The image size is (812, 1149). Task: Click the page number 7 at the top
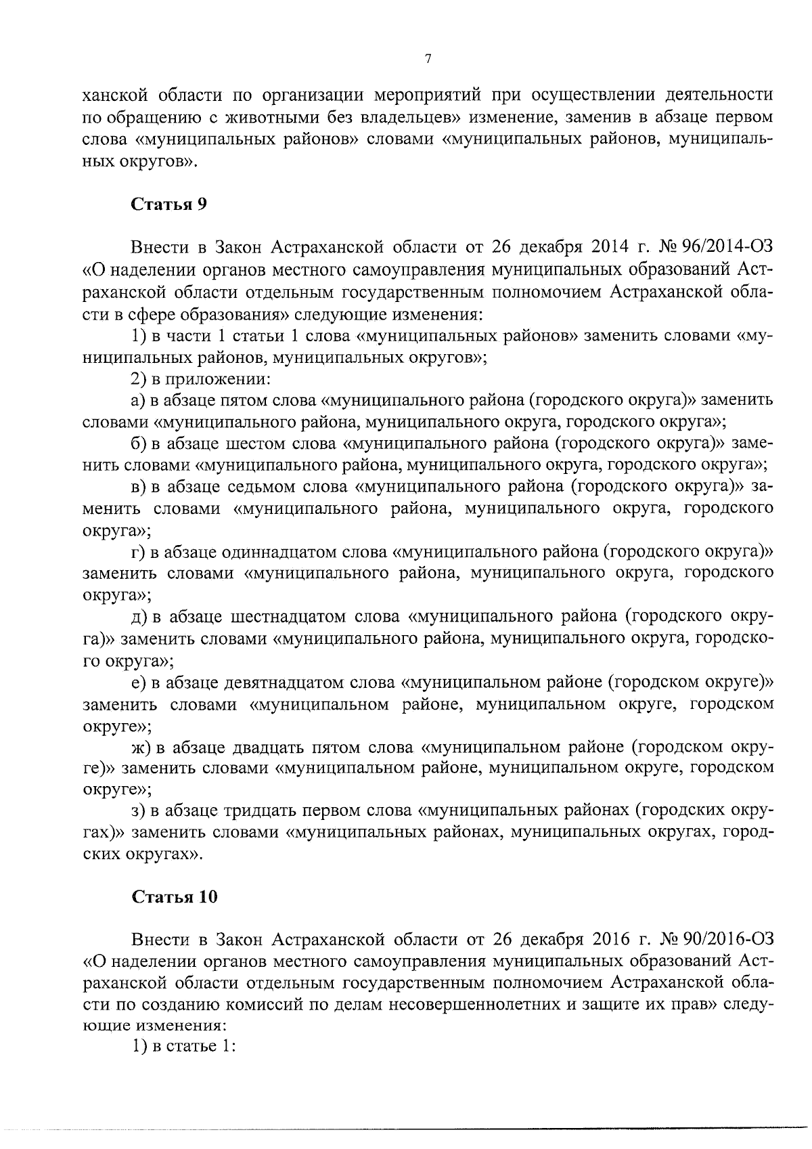tap(428, 59)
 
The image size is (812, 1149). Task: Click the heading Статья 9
tap(168, 204)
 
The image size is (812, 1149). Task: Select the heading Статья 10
tap(175, 897)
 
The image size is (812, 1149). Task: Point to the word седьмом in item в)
tap(263, 487)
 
